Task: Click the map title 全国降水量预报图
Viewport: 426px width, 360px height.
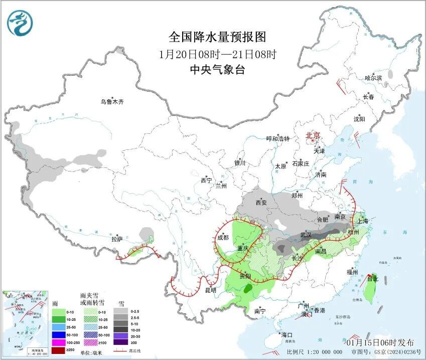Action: coord(217,37)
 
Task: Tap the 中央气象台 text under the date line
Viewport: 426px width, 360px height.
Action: coord(217,70)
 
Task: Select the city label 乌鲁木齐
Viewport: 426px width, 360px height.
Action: coord(111,102)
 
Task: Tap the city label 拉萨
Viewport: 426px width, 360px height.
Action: coord(117,240)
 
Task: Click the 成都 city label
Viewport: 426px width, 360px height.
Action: coord(223,238)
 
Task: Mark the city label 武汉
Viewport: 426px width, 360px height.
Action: coord(306,235)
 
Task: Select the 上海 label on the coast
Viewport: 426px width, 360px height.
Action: coord(362,221)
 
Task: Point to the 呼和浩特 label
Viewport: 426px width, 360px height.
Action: coord(277,139)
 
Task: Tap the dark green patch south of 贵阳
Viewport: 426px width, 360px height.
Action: coord(248,289)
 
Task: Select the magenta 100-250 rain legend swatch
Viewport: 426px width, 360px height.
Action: coord(59,341)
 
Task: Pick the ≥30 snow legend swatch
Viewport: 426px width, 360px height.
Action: coord(120,342)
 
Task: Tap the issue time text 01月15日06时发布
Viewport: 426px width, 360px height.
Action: coord(380,342)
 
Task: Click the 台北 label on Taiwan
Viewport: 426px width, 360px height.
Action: coord(372,279)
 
